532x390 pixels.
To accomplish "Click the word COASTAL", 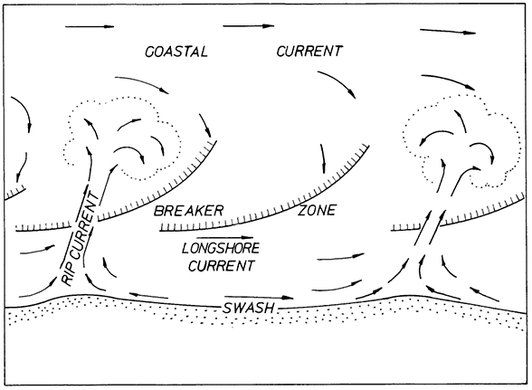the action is pyautogui.click(x=176, y=52).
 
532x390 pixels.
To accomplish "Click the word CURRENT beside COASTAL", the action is pyautogui.click(x=309, y=52).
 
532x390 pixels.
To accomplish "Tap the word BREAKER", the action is pyautogui.click(x=188, y=211).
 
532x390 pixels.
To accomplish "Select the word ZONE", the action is pyautogui.click(x=317, y=210).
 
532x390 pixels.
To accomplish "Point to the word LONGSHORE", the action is pyautogui.click(x=221, y=249).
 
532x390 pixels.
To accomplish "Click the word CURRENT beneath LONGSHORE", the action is pyautogui.click(x=221, y=265).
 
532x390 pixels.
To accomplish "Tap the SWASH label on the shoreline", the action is pyautogui.click(x=249, y=309).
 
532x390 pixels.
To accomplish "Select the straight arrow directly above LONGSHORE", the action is pyautogui.click(x=225, y=237).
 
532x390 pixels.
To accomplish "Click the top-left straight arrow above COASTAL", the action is pyautogui.click(x=90, y=26).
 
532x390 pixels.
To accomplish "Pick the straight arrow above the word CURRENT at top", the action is pyautogui.click(x=248, y=26).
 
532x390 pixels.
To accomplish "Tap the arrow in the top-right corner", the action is pyautogui.click(x=448, y=32).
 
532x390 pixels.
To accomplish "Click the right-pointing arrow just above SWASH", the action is pyautogui.click(x=259, y=298).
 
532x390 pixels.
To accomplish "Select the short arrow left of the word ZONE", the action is pyautogui.click(x=323, y=158).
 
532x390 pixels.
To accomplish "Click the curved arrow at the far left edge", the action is pyautogui.click(x=24, y=109).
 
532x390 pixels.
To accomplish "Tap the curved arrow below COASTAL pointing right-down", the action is pyautogui.click(x=144, y=82).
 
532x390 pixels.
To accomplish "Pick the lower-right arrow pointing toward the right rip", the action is pyautogui.click(x=485, y=295).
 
